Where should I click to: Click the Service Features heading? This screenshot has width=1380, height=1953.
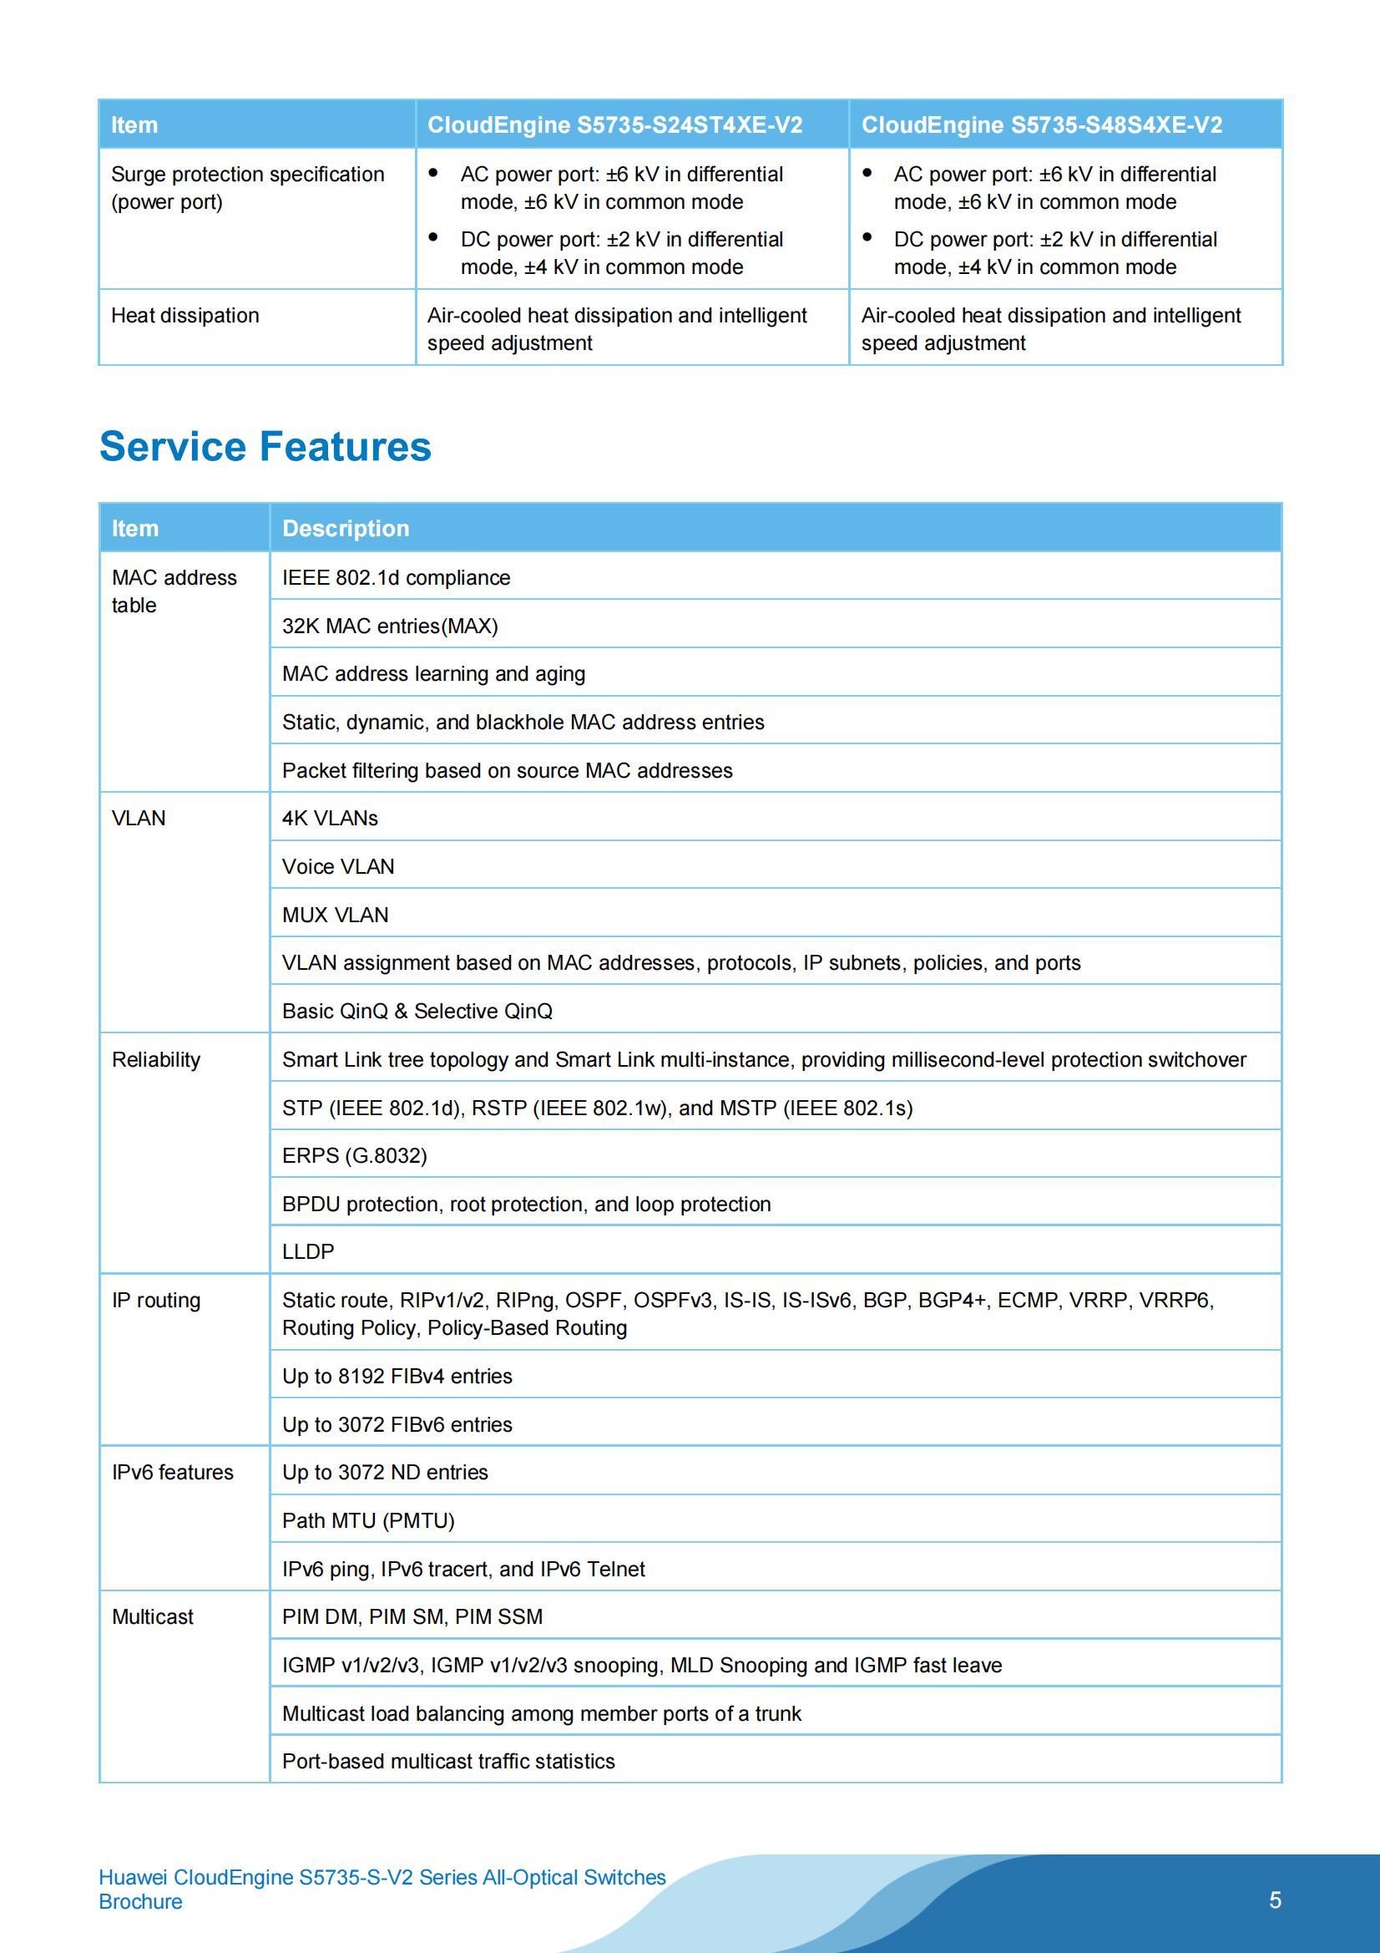coord(265,447)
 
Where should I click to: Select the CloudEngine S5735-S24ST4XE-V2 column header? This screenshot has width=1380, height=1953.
coord(614,125)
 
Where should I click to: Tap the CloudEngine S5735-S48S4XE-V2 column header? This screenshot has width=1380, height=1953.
coord(1041,125)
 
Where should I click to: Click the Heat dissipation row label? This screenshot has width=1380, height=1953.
coord(185,316)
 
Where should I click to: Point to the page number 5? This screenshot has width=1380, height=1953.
coord(1275,1900)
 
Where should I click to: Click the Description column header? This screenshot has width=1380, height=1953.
coord(346,528)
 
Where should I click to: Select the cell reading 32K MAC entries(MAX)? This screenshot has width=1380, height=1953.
coord(389,626)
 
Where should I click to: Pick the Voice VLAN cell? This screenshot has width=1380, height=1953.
coord(338,867)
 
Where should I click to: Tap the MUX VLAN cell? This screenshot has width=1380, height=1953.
coord(335,915)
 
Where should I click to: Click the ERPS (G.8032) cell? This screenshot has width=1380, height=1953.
coord(355,1155)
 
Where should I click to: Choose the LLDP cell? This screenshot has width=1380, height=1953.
coord(308,1251)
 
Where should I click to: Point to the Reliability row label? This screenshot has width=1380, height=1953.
coord(156,1060)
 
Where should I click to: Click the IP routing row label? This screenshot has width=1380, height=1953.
coord(156,1300)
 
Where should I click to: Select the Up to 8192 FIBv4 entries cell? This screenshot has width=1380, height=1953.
coord(397,1377)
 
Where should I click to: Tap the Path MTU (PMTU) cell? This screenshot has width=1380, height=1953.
coord(368,1520)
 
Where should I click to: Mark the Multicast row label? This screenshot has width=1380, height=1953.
coord(153,1617)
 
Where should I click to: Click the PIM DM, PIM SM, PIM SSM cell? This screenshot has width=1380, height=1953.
coord(412,1617)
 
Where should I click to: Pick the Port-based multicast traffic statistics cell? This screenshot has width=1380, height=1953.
coord(448,1761)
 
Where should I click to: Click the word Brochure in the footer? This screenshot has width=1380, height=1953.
coord(140,1901)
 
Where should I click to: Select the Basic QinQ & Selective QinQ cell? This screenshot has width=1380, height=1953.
coord(417,1012)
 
